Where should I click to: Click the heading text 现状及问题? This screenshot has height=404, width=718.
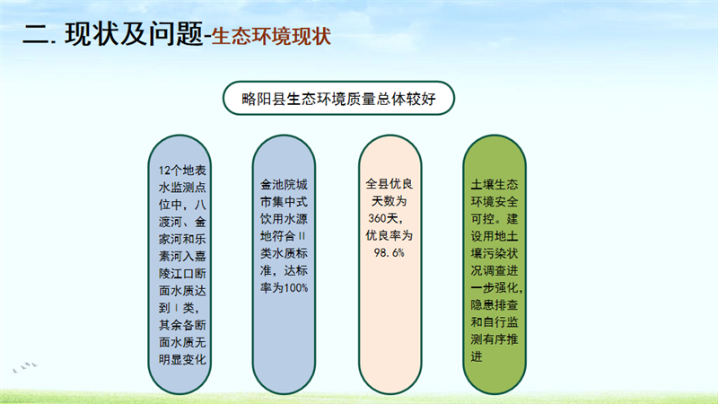[134, 35]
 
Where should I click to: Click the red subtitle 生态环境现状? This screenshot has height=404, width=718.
[272, 37]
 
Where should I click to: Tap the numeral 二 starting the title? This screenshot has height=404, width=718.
[36, 35]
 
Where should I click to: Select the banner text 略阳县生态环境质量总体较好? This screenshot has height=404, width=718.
[338, 99]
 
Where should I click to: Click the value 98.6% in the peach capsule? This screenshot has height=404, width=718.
[390, 252]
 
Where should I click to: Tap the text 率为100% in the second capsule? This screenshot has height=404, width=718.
[284, 287]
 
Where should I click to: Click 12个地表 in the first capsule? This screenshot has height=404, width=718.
[182, 171]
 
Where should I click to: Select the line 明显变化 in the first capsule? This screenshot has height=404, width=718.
[182, 360]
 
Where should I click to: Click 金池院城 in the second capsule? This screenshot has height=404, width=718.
[284, 185]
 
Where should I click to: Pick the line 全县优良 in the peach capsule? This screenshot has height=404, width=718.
[390, 184]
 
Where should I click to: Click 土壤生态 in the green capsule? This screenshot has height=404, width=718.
[495, 185]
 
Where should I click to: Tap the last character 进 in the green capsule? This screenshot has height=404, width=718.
[477, 356]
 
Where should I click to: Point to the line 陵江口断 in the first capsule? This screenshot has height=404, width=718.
[182, 274]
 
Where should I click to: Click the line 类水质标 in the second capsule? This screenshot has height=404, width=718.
[284, 253]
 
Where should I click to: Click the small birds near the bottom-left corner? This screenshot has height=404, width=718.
[25, 367]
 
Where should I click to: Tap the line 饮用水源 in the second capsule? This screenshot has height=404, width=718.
[284, 219]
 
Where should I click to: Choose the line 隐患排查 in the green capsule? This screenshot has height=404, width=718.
[495, 304]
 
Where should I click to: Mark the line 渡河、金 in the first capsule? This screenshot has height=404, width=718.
[182, 222]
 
